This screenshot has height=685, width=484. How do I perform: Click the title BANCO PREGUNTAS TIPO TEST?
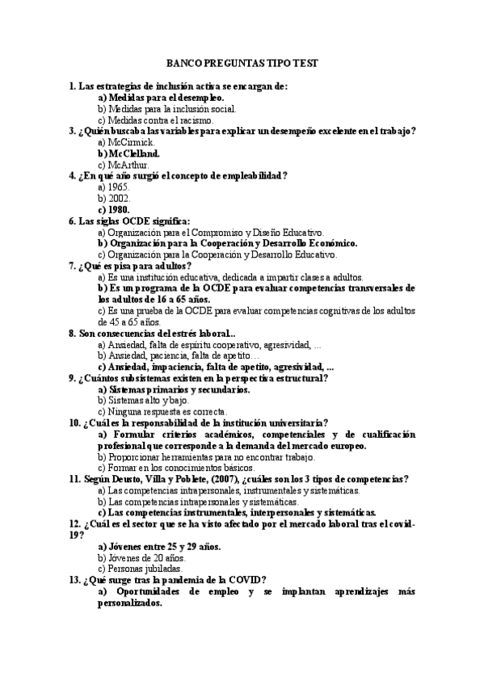(242, 62)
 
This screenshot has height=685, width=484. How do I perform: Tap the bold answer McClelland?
(128, 153)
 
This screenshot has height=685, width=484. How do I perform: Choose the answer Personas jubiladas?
(137, 569)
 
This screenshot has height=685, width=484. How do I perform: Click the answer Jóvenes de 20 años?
(141, 557)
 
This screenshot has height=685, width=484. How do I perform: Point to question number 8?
(73, 333)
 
